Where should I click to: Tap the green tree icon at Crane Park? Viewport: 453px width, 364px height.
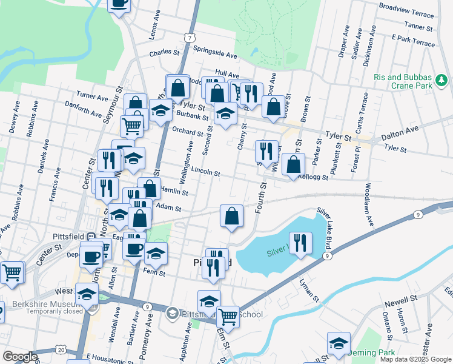pos(441,79)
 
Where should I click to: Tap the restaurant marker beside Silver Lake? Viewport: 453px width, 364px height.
pos(300,243)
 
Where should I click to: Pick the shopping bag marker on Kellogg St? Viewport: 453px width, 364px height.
pos(294,164)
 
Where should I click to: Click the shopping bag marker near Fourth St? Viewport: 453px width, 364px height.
pos(231,216)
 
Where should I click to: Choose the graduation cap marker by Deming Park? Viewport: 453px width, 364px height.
pos(339,342)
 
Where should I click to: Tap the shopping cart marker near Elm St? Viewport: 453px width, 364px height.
pos(228,315)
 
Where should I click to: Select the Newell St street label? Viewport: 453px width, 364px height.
pos(401,299)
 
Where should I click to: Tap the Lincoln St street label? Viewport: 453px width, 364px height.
pos(205,172)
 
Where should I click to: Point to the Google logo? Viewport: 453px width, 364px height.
pos(20,357)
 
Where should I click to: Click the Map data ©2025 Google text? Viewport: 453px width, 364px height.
pos(415,359)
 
